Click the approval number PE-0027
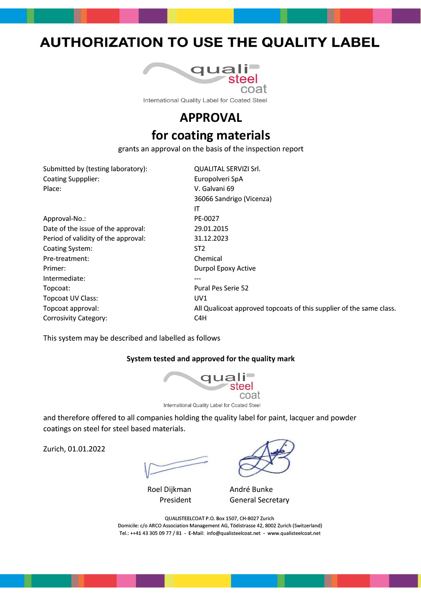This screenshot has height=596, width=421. coord(206,218)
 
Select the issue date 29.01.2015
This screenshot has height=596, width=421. coord(211,228)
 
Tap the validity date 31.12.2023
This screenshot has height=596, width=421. coord(211,238)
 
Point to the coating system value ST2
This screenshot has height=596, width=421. coord(200,248)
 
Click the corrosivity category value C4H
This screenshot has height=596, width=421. coord(200,318)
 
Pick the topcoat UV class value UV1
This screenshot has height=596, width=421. coord(200,298)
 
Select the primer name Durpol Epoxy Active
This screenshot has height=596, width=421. coord(225,268)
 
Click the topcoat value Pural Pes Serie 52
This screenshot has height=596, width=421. coord(221,288)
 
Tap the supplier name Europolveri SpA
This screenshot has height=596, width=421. coord(218,179)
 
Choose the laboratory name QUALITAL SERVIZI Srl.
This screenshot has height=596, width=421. coord(227,169)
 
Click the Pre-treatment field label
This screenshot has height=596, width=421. coord(66,258)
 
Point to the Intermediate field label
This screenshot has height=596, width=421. coord(64,278)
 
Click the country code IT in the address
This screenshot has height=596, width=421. coord(197,209)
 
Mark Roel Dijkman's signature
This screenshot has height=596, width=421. coord(175,466)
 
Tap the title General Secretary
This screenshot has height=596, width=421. coord(259,500)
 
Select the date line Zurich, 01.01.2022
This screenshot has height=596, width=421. coord(74,449)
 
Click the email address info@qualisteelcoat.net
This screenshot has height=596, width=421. coord(234,533)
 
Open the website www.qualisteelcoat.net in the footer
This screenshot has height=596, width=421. coord(294,533)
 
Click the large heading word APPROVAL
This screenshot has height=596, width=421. coord(211,118)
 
